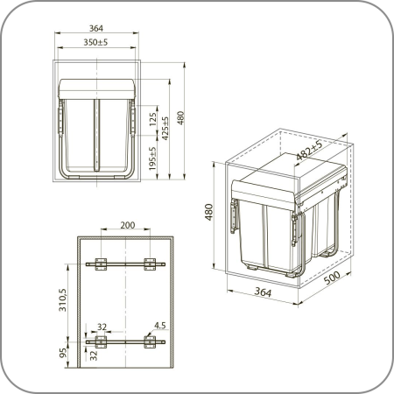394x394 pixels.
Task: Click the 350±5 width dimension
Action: coord(95,42)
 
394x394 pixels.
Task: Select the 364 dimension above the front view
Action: coord(96,28)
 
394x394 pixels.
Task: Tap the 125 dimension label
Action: coord(152,119)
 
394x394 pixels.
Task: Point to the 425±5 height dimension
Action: coord(165,129)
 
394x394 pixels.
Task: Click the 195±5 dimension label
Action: coord(152,158)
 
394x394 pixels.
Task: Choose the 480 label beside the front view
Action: coord(180,118)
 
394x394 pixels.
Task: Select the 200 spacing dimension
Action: coord(128,225)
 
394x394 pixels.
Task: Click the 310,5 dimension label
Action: coord(63,299)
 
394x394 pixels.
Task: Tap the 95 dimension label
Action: coord(63,353)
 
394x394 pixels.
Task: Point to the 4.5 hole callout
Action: coord(160,326)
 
